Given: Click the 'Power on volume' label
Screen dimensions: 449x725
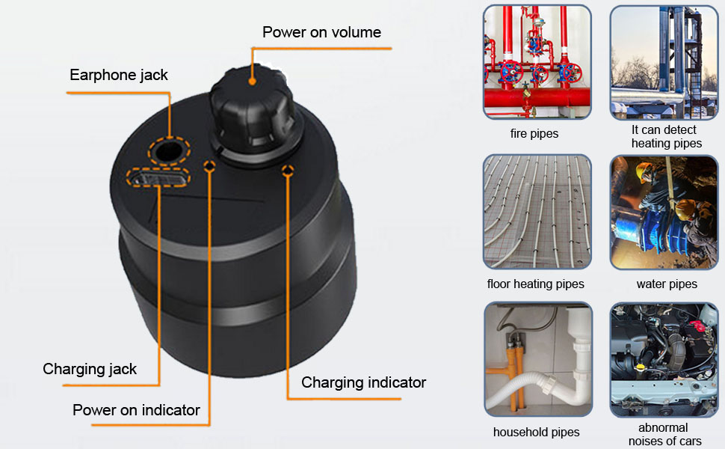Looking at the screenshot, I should click(321, 32).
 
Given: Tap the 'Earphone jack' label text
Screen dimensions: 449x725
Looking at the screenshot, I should click(119, 75).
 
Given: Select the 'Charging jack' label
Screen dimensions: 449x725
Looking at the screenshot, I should click(90, 369).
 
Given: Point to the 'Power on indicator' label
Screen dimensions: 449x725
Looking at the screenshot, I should click(136, 410).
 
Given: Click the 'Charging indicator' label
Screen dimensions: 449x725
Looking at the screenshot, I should click(363, 382).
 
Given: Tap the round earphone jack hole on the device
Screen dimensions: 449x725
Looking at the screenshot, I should click(169, 150).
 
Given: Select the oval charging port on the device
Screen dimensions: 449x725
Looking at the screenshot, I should click(158, 178).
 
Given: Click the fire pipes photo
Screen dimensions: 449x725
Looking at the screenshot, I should click(537, 61).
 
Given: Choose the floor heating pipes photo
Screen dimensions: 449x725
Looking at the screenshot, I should click(537, 212).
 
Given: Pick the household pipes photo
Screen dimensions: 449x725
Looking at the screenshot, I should click(537, 359).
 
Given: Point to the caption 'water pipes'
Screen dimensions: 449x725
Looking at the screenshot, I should click(667, 284).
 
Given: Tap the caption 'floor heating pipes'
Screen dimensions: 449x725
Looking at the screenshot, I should click(536, 284).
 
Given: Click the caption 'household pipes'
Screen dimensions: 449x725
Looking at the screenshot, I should click(536, 432).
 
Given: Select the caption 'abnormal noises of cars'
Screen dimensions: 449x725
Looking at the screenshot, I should click(664, 434).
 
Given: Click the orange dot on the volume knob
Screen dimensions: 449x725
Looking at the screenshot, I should click(252, 76).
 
